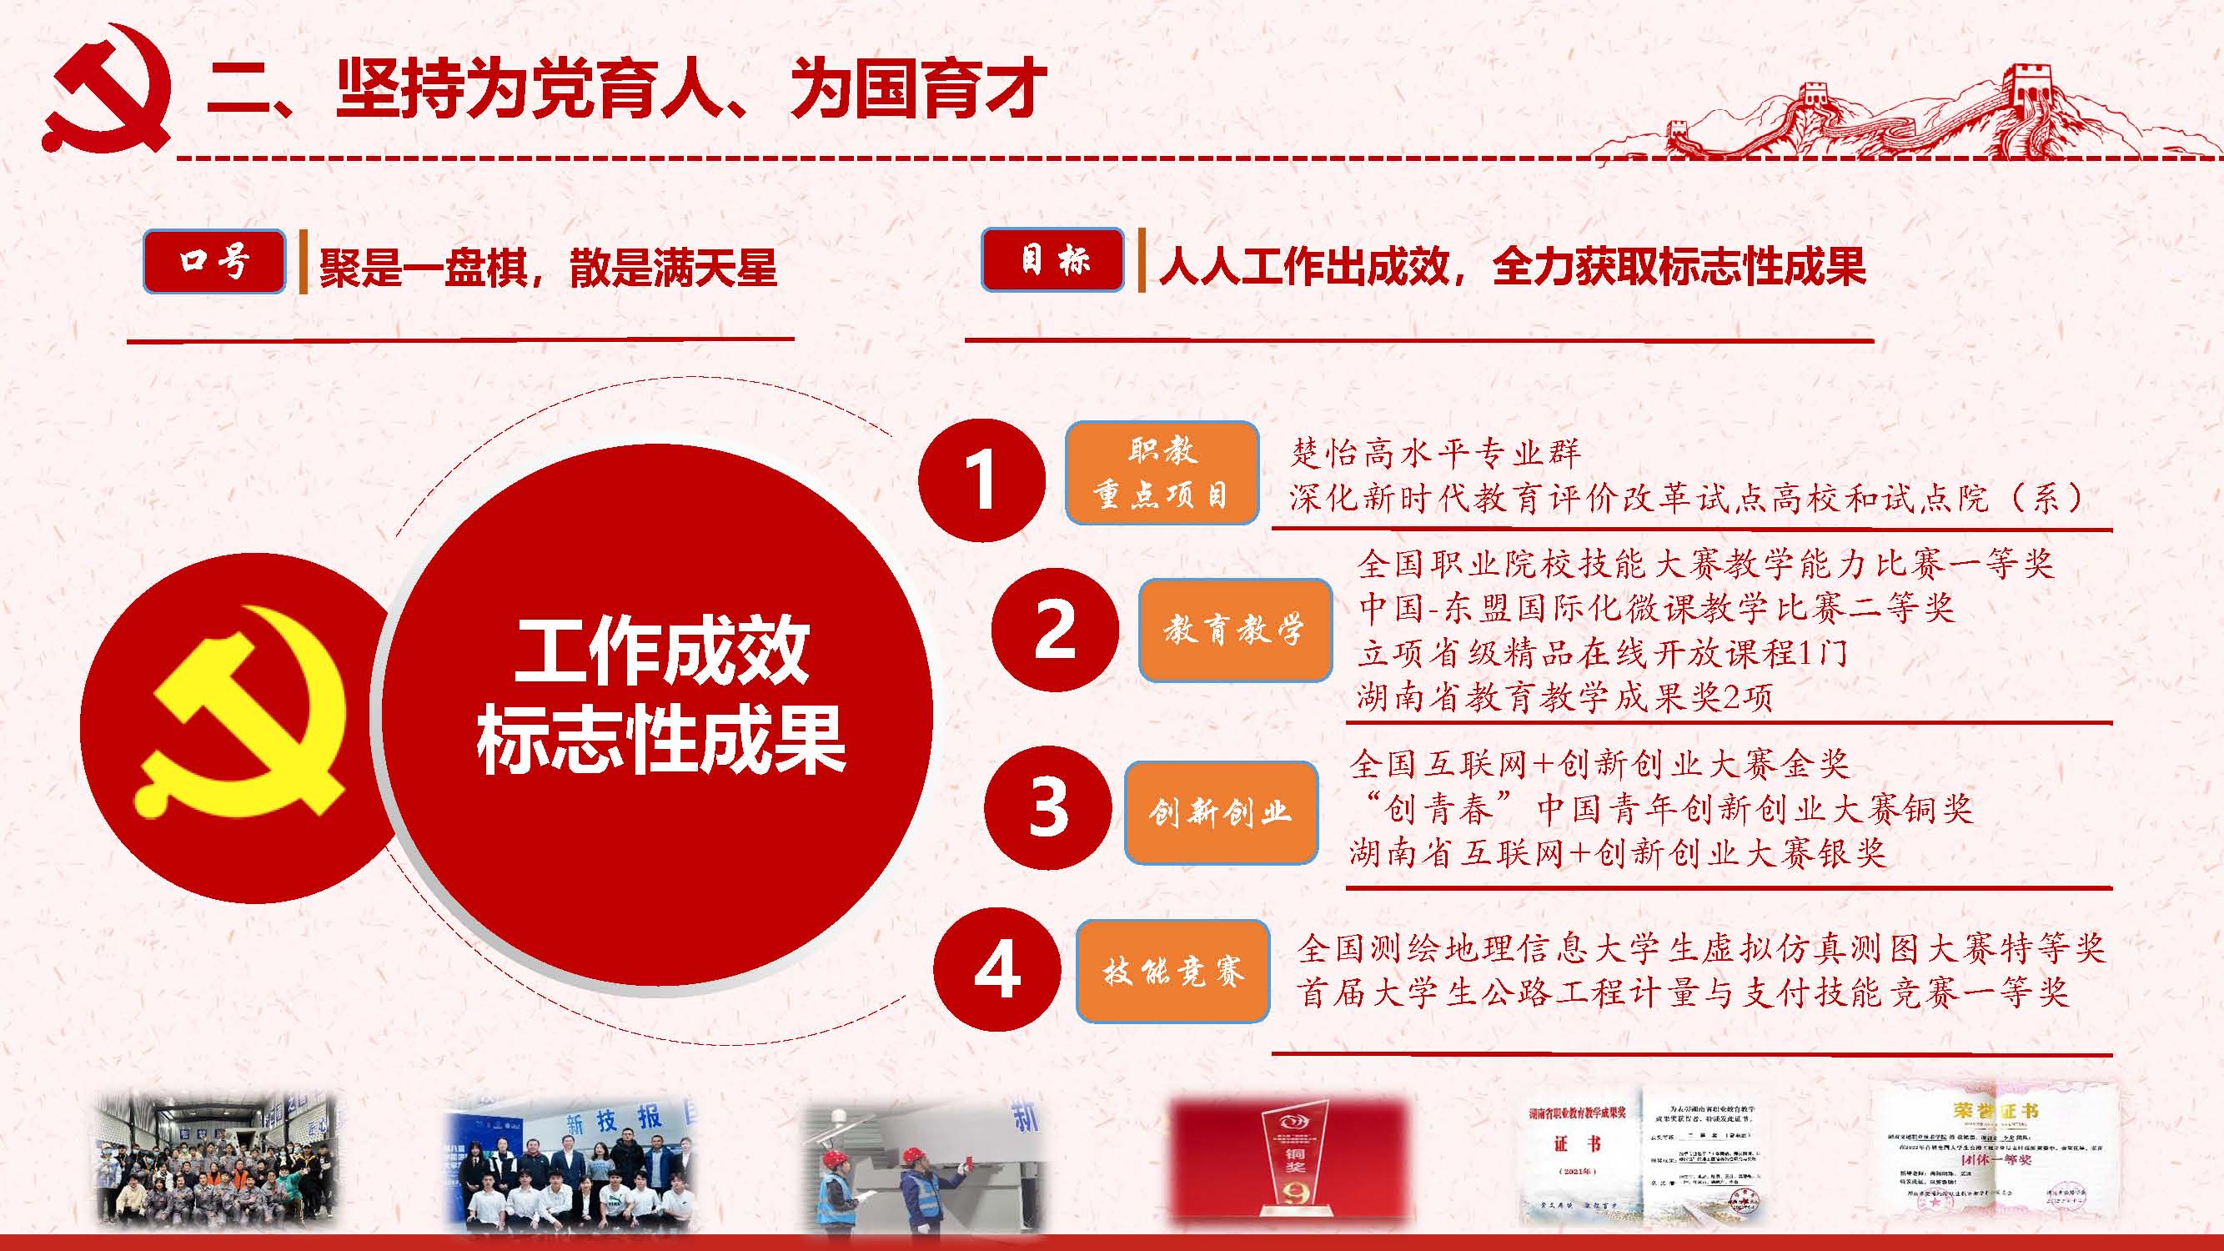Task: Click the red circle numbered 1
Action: pyautogui.click(x=981, y=480)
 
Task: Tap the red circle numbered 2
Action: pyautogui.click(x=1054, y=630)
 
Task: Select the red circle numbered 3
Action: pyautogui.click(x=1047, y=807)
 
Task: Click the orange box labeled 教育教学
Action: pyautogui.click(x=1235, y=631)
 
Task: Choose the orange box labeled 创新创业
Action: pyautogui.click(x=1220, y=812)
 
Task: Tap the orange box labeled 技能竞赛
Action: pyautogui.click(x=1172, y=972)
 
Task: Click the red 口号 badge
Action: pyautogui.click(x=214, y=261)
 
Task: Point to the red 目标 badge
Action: pyautogui.click(x=1052, y=259)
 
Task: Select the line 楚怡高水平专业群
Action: pyautogui.click(x=1435, y=452)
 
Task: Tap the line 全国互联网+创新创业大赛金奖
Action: pyautogui.click(x=1599, y=763)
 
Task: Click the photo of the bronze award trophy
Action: pyautogui.click(x=1288, y=1161)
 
